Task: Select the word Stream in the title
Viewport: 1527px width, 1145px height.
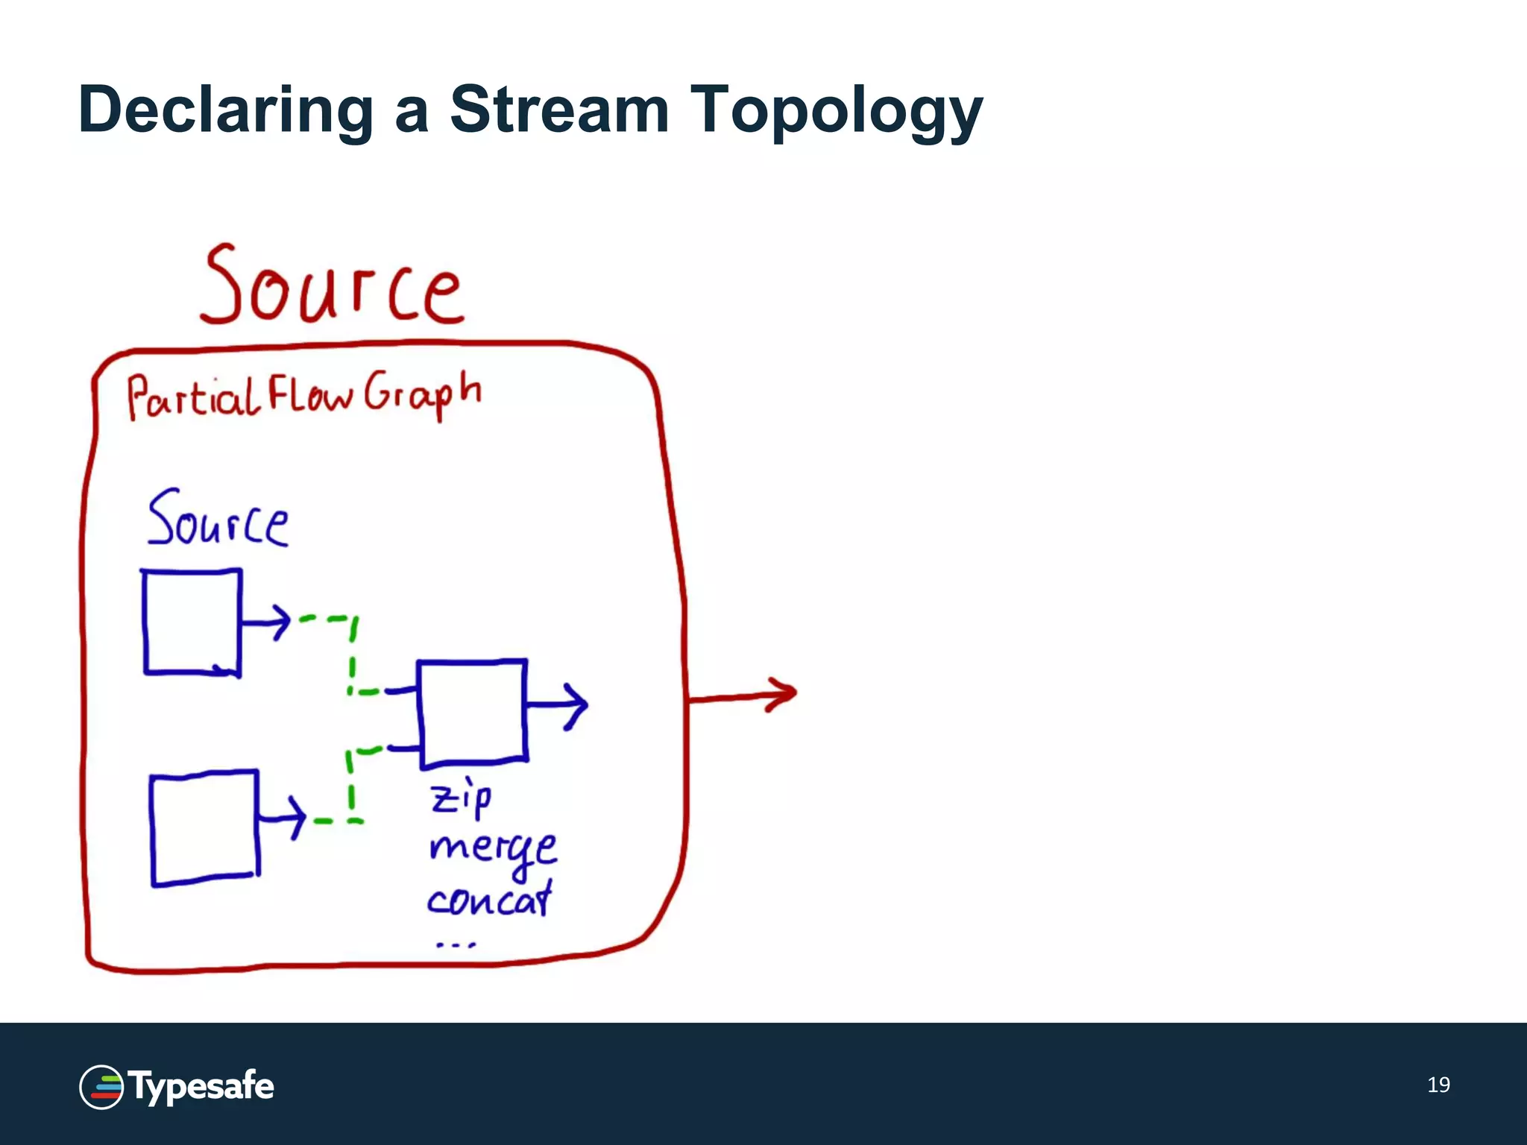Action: (x=559, y=110)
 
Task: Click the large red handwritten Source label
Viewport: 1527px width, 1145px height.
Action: (x=332, y=287)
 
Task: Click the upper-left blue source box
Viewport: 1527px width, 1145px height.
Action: (x=192, y=622)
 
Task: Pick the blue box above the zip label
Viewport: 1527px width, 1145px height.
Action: (x=472, y=713)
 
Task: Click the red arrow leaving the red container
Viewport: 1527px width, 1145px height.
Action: (x=742, y=695)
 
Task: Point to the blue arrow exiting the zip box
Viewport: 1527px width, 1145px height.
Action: (x=557, y=704)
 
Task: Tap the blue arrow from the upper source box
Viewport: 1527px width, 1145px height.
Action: (x=265, y=621)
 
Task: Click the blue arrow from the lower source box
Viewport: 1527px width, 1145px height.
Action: (x=282, y=818)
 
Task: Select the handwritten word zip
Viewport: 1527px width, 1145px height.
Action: (x=461, y=798)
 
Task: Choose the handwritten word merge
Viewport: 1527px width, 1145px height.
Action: (x=493, y=849)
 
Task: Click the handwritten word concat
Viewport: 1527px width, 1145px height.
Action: (x=490, y=900)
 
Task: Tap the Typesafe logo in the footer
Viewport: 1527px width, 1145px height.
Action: (x=177, y=1087)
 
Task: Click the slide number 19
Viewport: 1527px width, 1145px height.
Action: (x=1438, y=1085)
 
